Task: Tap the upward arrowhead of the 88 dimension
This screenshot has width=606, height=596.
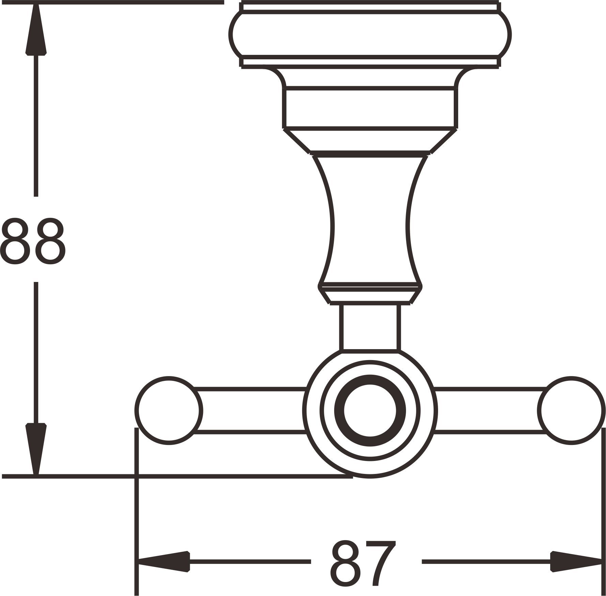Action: pyautogui.click(x=36, y=31)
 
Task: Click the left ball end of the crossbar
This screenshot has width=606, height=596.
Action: pyautogui.click(x=169, y=410)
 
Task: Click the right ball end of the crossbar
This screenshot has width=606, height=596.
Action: pyautogui.click(x=571, y=410)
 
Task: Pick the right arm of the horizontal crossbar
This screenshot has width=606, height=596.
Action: pyautogui.click(x=491, y=410)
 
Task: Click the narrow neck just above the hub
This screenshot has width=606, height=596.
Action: pyautogui.click(x=370, y=327)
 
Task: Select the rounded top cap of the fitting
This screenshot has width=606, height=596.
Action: pyautogui.click(x=370, y=34)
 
